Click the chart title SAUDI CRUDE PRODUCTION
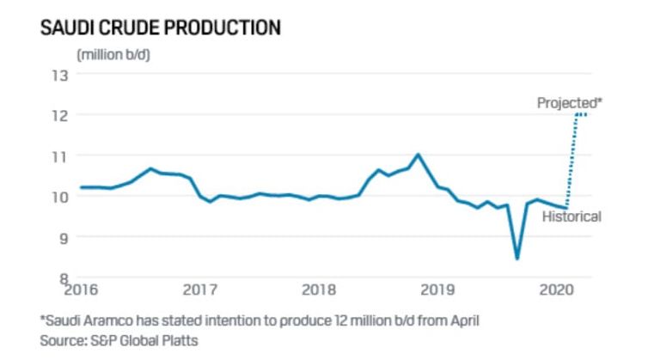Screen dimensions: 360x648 click(x=161, y=27)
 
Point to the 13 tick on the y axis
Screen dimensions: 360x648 click(x=59, y=74)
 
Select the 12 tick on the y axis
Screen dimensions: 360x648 click(x=59, y=114)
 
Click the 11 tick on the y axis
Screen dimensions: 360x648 click(x=59, y=156)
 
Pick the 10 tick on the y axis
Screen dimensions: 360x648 click(x=59, y=196)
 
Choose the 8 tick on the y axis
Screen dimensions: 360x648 click(x=62, y=277)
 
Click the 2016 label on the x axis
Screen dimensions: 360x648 click(x=81, y=290)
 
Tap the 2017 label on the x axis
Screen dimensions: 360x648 click(x=199, y=290)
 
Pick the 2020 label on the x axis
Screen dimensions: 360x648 click(x=556, y=290)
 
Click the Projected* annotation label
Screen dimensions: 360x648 click(x=570, y=102)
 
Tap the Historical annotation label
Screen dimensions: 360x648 click(x=571, y=217)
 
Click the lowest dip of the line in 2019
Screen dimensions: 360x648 click(x=517, y=258)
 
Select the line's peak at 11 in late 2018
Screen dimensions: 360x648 click(x=418, y=155)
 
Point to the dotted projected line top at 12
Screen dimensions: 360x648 click(x=582, y=114)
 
